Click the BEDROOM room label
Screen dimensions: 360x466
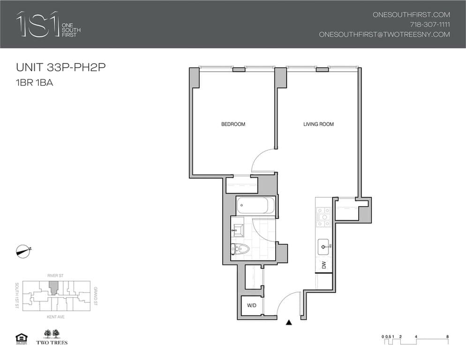click(233, 124)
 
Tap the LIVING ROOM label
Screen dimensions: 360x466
click(318, 124)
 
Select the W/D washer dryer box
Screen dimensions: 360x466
click(251, 306)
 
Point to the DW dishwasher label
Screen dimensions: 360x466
click(324, 265)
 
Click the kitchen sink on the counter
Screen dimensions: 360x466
click(324, 244)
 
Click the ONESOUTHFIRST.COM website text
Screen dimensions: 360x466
click(411, 15)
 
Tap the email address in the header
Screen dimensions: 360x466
click(384, 34)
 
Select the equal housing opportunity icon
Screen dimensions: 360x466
click(21, 337)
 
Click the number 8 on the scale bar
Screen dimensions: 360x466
click(448, 337)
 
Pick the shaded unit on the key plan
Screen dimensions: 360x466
click(54, 287)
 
